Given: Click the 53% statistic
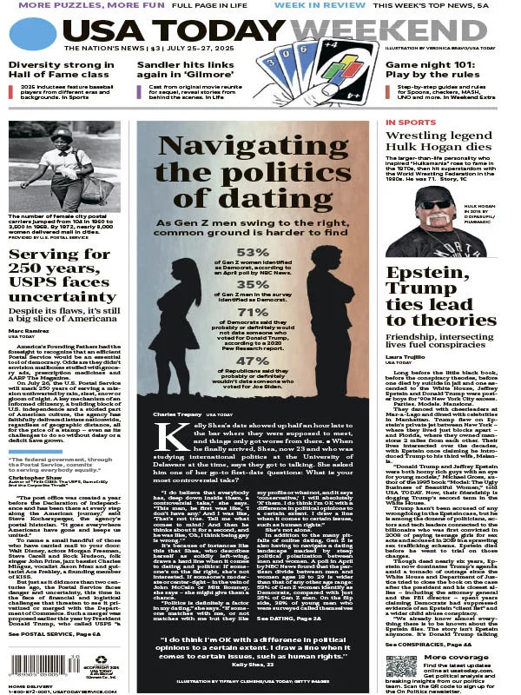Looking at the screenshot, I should click(x=253, y=253).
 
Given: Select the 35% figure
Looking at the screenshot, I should click(x=253, y=284).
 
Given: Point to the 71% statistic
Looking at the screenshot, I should click(x=253, y=313).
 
